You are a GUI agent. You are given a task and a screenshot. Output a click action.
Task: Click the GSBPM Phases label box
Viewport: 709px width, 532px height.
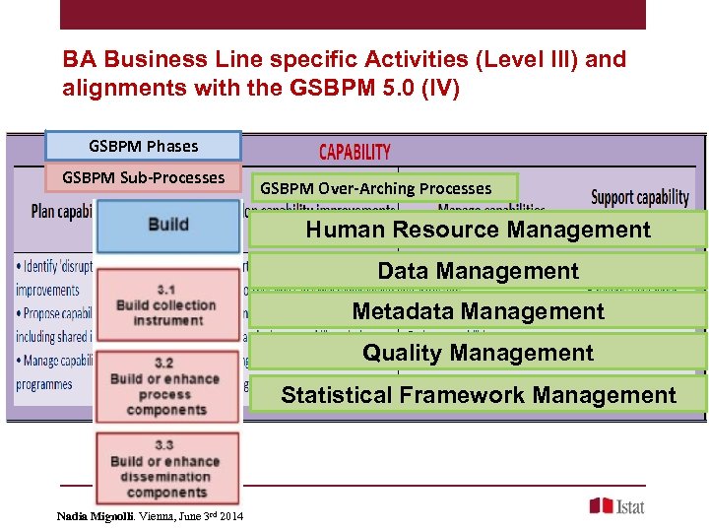click(x=144, y=146)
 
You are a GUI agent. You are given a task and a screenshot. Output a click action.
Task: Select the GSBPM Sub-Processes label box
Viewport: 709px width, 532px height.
click(x=144, y=178)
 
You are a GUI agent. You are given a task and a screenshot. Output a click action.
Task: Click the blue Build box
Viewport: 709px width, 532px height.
click(x=167, y=226)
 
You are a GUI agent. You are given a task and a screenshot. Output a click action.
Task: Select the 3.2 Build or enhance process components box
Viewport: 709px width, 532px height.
click(x=166, y=386)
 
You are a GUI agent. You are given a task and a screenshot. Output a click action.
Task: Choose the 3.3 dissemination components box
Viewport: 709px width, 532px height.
click(x=166, y=469)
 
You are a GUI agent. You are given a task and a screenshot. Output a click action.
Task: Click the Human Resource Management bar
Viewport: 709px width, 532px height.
click(x=478, y=230)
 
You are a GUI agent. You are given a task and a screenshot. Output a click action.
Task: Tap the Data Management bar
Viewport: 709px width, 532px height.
click(x=478, y=271)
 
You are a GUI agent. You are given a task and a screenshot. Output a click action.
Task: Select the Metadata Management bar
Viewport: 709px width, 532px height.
click(x=478, y=311)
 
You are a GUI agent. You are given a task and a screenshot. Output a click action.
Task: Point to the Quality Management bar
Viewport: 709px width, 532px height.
click(x=478, y=353)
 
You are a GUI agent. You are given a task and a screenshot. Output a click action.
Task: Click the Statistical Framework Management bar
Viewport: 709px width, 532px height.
click(x=478, y=395)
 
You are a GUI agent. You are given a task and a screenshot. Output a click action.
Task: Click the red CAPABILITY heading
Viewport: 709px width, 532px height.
click(x=354, y=152)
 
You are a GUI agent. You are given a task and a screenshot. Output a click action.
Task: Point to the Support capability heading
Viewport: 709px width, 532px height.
click(x=640, y=197)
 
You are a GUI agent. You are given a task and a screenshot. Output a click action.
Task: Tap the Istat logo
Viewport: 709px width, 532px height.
click(x=617, y=505)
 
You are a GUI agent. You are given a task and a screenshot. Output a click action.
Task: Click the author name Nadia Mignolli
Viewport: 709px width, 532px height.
click(x=96, y=516)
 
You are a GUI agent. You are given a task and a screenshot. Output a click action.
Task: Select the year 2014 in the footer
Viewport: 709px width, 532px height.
click(x=232, y=516)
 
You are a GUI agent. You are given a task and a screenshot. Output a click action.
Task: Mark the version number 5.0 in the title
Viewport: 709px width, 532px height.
click(x=393, y=89)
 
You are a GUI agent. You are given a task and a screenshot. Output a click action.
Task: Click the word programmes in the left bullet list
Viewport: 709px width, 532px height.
click(x=44, y=384)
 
